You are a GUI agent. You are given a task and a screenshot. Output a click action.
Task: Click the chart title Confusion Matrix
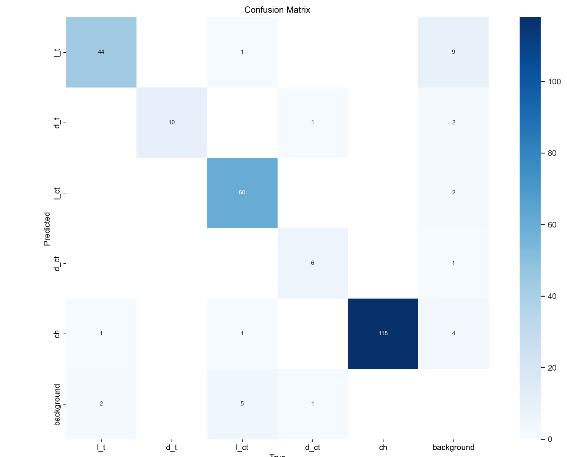pyautogui.click(x=277, y=10)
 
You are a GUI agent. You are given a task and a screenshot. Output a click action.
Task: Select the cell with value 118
pyautogui.click(x=383, y=333)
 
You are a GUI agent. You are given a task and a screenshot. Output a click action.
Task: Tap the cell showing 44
pyautogui.click(x=101, y=52)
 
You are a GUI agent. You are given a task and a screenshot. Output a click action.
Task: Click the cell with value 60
pyautogui.click(x=242, y=192)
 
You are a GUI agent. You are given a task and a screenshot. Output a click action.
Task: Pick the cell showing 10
pyautogui.click(x=172, y=122)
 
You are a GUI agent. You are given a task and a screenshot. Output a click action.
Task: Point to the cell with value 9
pyautogui.click(x=453, y=52)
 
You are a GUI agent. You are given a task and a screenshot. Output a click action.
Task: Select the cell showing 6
pyautogui.click(x=312, y=263)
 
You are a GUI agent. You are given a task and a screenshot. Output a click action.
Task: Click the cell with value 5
pyautogui.click(x=242, y=404)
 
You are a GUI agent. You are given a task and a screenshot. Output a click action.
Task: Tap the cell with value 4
pyautogui.click(x=453, y=333)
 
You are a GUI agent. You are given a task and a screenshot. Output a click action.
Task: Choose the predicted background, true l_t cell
pyautogui.click(x=101, y=404)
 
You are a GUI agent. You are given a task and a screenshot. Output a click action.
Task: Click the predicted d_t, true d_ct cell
pyautogui.click(x=312, y=122)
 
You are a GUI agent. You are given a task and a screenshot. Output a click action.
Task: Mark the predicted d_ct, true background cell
pyautogui.click(x=453, y=263)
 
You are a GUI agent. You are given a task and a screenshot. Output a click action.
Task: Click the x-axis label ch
pyautogui.click(x=383, y=447)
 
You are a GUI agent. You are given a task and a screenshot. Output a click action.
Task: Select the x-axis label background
pyautogui.click(x=453, y=447)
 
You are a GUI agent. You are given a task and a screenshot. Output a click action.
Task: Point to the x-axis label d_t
pyautogui.click(x=172, y=447)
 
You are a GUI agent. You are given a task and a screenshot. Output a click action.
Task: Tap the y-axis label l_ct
pyautogui.click(x=57, y=193)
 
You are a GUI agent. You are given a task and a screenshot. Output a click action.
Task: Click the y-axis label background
pyautogui.click(x=57, y=405)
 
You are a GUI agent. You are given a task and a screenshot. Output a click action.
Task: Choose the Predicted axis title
pyautogui.click(x=47, y=229)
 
